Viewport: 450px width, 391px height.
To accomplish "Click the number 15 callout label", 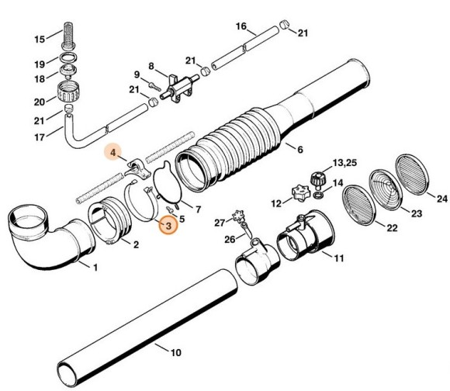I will [x=38, y=40].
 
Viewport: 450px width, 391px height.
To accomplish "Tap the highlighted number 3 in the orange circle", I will [x=167, y=226].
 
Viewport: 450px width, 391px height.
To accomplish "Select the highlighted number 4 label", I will [x=112, y=153].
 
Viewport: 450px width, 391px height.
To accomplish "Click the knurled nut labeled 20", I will [x=63, y=99].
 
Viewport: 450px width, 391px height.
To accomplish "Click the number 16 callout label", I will [x=241, y=26].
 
